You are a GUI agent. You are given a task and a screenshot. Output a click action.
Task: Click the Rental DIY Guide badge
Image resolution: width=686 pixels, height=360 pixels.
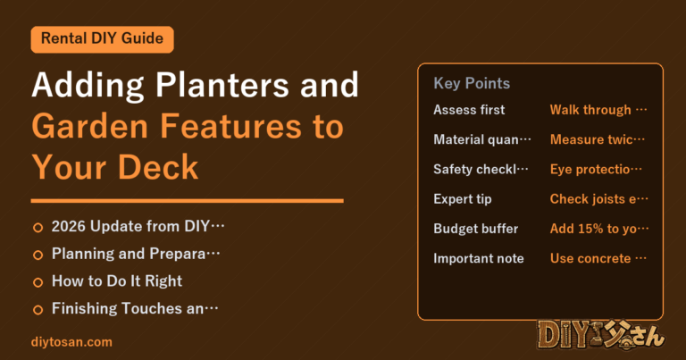[103, 39]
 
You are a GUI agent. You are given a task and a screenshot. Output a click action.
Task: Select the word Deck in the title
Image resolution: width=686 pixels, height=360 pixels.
[158, 167]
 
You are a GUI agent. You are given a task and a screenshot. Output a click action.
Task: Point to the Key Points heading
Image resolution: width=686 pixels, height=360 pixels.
[472, 83]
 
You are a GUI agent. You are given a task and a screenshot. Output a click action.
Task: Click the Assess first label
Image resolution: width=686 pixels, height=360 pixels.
[469, 110]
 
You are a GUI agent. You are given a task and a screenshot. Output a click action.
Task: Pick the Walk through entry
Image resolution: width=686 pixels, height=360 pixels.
[598, 110]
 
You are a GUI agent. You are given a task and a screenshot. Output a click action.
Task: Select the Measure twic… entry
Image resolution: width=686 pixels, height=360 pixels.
[598, 139]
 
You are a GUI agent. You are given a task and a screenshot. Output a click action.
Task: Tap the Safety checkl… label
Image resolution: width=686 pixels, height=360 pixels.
[481, 170]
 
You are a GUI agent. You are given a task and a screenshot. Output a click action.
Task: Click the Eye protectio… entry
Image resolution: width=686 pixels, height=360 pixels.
[596, 170]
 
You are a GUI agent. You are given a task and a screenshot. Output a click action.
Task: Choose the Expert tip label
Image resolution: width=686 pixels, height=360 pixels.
[463, 199]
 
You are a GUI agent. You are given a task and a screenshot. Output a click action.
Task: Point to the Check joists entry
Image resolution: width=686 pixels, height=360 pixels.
[599, 199]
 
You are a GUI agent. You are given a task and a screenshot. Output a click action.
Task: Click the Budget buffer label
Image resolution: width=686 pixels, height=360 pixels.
[475, 229]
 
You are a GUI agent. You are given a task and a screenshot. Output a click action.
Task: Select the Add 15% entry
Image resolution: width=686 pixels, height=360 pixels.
[599, 229]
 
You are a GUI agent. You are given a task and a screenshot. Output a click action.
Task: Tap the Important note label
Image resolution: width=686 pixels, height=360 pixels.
[479, 258]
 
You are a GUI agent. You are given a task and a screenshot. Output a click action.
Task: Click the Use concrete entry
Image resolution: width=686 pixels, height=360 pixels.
[598, 258]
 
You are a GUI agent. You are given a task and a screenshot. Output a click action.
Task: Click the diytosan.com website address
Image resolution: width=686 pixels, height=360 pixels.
[71, 342]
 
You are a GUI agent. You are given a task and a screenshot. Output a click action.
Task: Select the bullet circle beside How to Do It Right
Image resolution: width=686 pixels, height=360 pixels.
[38, 282]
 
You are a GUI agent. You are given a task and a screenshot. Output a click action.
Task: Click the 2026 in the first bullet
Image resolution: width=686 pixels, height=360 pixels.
[68, 227]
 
